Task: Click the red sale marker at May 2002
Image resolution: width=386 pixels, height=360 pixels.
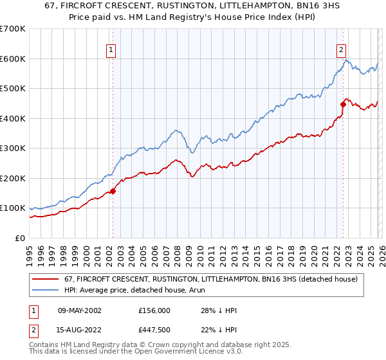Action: (113, 191)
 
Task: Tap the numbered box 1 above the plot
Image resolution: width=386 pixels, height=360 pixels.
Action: (111, 50)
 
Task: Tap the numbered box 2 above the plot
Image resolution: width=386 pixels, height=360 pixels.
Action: (340, 50)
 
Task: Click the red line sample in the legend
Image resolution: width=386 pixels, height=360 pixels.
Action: (46, 279)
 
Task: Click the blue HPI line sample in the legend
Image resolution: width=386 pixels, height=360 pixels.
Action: (46, 290)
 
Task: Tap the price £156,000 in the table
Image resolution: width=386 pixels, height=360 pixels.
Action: (154, 310)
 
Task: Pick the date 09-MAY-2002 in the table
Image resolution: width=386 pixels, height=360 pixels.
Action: (75, 310)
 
